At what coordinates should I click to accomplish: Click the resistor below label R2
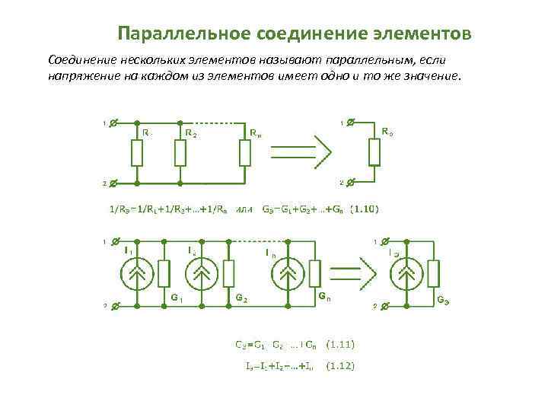[180, 153]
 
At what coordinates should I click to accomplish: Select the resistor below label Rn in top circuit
[244, 153]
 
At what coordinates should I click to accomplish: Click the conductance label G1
[177, 298]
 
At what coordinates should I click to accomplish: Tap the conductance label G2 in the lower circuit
[241, 298]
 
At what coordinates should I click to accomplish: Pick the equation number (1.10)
[365, 209]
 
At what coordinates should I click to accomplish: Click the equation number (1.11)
[339, 344]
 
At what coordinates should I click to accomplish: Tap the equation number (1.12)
[339, 367]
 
